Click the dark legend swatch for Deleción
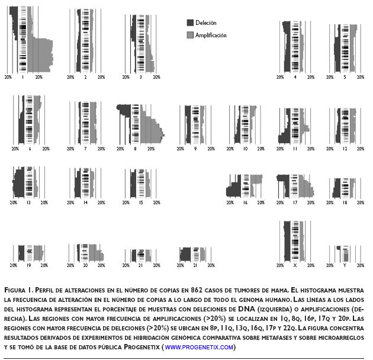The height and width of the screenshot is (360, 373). [190, 22]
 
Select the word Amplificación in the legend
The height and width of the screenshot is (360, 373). [211, 36]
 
